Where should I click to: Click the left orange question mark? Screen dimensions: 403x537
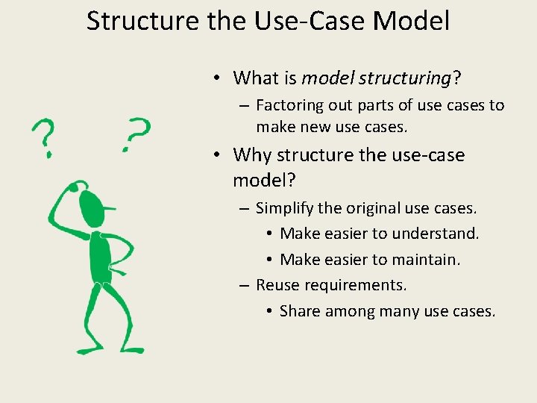[44, 139]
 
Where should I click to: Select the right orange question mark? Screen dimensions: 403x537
[136, 134]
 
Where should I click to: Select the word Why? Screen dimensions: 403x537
[252, 155]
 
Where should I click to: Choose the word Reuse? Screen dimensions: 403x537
[277, 285]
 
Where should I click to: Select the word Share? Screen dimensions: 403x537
[300, 311]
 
